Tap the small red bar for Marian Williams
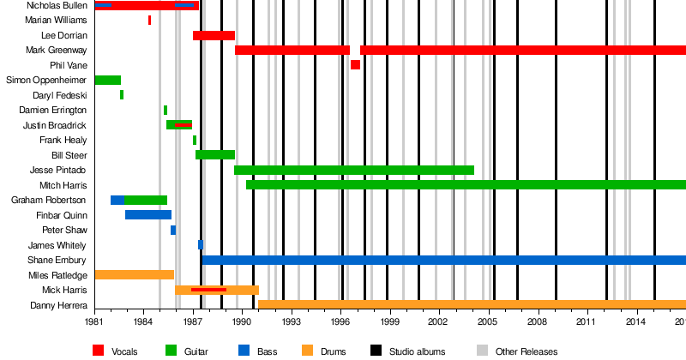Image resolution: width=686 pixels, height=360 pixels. tap(149, 21)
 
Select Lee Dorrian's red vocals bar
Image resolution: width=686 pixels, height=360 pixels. tap(214, 35)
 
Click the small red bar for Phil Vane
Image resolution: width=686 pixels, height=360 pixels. tap(355, 65)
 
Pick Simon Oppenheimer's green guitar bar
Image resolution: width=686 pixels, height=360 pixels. tap(107, 80)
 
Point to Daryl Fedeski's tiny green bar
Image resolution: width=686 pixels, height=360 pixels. tap(122, 95)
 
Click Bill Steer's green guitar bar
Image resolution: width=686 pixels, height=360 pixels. tap(215, 155)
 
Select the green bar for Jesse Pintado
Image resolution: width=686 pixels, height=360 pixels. tap(353, 170)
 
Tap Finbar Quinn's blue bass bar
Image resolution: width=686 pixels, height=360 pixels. tap(148, 215)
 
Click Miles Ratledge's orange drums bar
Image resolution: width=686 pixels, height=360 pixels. tap(134, 275)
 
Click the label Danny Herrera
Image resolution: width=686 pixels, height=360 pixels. tap(58, 305)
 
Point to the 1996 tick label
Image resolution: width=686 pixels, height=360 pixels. tap(340, 322)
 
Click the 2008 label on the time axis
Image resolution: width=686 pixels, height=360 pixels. tap(538, 322)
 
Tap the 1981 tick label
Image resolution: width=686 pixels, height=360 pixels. tap(94, 322)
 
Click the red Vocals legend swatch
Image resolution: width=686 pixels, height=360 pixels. tap(99, 351)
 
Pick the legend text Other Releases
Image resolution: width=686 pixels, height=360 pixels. tap(526, 351)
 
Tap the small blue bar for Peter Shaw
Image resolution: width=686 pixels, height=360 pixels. tap(173, 231)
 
